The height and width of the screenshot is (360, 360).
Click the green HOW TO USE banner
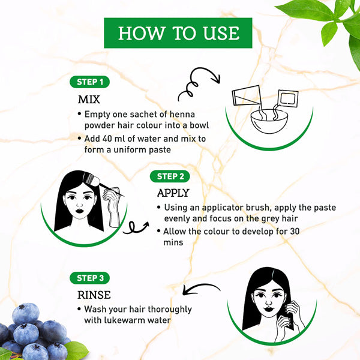pos(178,33)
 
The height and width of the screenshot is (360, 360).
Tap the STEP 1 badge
pos(89,82)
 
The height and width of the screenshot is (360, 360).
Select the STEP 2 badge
pos(170,176)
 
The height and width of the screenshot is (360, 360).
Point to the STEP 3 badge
pos(89,278)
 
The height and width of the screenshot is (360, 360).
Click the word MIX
pos(89,100)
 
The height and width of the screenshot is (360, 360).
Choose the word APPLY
pos(173,193)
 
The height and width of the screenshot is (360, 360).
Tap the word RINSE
pos(94,295)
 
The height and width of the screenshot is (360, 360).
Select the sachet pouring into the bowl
pos(287,100)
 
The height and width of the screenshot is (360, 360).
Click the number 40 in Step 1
pos(107,139)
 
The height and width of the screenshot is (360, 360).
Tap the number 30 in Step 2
pos(295,231)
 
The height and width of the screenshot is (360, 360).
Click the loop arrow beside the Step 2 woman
pos(136,227)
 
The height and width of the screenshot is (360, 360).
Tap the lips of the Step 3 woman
pos(268,309)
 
